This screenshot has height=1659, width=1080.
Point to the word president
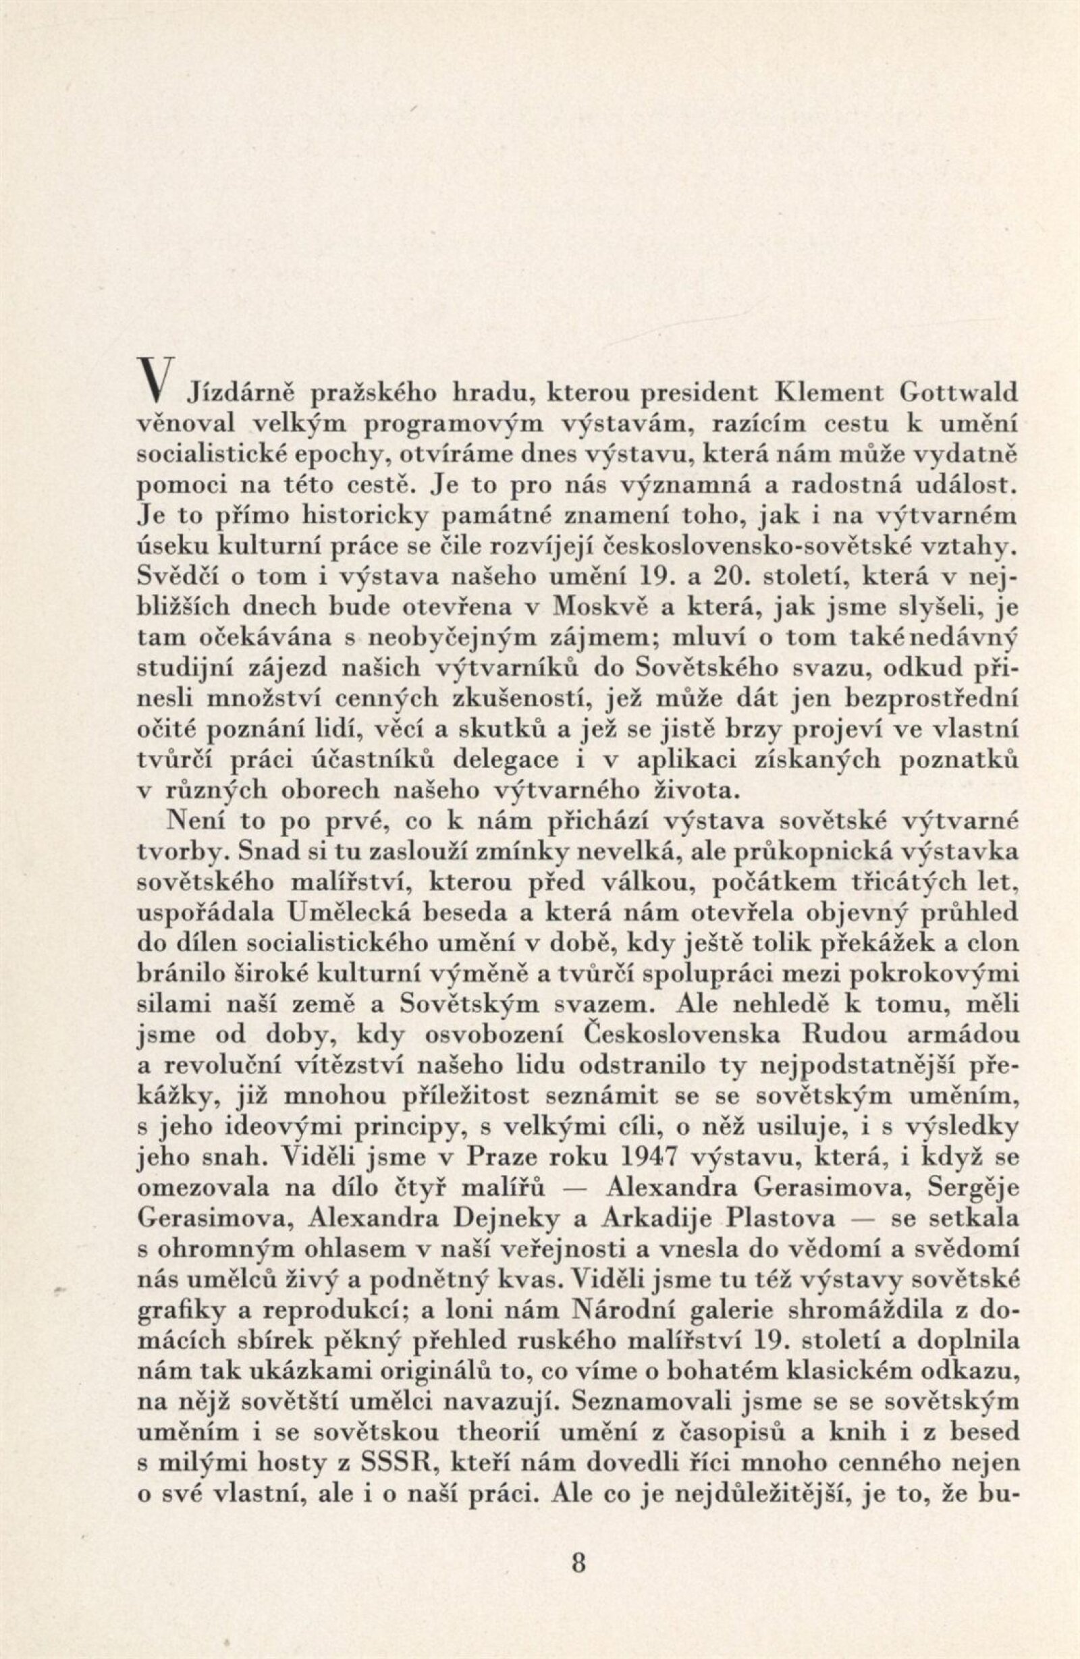point(701,396)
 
